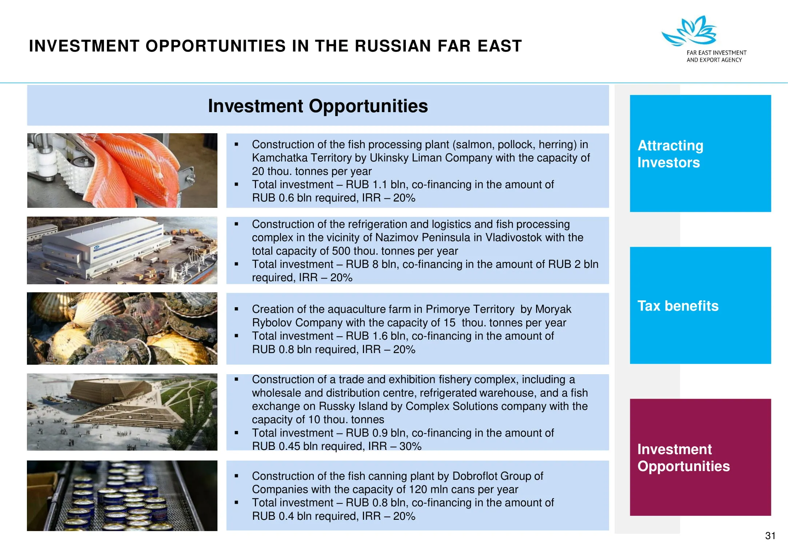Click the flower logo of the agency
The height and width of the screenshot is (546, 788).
[689, 31]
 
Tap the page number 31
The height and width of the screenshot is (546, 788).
[770, 535]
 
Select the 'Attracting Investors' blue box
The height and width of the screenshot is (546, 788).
[700, 153]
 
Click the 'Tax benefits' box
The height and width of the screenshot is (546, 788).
[700, 305]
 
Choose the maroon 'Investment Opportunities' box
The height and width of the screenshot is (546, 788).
[700, 457]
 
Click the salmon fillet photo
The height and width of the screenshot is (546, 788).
[122, 170]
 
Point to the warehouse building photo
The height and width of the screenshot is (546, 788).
[122, 250]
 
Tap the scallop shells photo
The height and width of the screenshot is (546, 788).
[122, 328]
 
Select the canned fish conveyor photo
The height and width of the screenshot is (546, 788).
[122, 496]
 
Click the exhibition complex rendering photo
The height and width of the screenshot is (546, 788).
[122, 412]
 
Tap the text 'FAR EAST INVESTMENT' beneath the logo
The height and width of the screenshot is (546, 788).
[716, 53]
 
